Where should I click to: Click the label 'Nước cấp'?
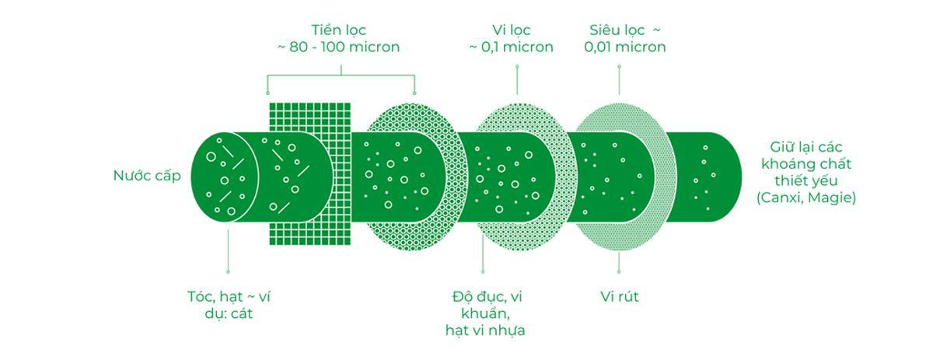tap(147, 176)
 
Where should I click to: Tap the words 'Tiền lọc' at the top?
tap(339, 30)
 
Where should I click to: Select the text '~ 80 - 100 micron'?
tap(339, 47)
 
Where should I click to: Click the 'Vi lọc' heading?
tap(511, 30)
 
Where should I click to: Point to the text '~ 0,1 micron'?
tap(511, 47)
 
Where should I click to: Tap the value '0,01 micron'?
tap(625, 47)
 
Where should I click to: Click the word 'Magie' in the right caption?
tap(833, 198)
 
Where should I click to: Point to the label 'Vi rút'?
tap(620, 297)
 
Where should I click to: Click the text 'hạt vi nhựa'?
tap(485, 330)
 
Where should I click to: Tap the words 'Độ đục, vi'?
tap(485, 297)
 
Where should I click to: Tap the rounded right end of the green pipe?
tap(727, 177)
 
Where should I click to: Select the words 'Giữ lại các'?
tap(805, 148)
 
